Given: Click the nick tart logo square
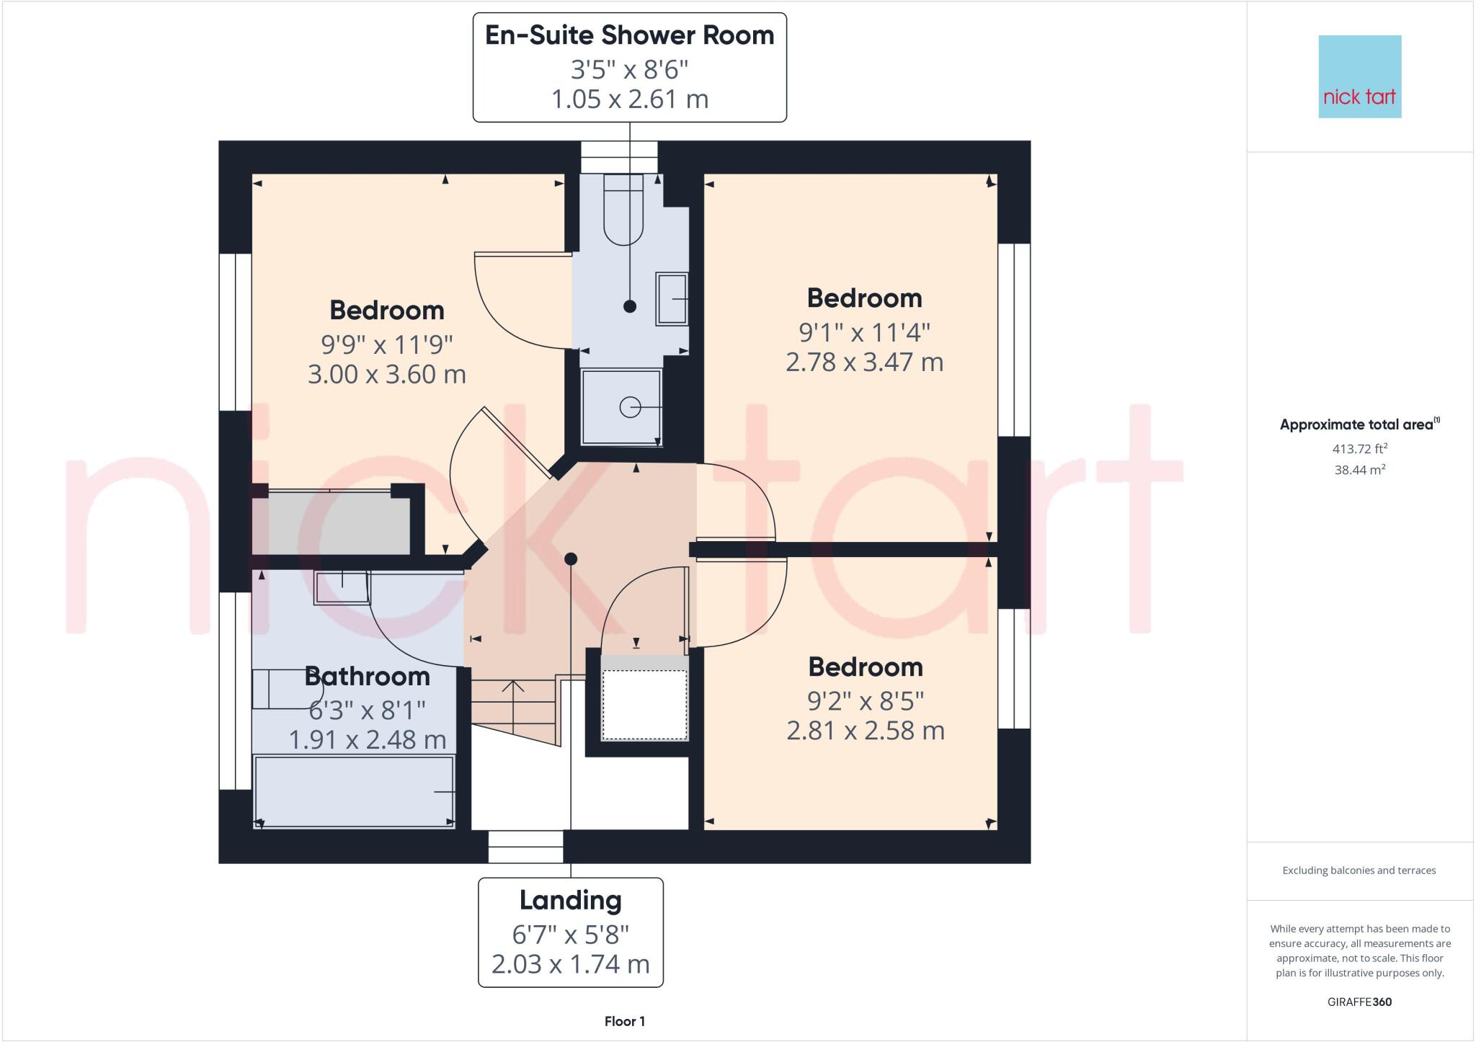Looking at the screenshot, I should click(x=1359, y=76).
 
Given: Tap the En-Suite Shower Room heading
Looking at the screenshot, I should click(x=629, y=35).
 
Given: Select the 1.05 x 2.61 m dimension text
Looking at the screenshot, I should click(x=629, y=99).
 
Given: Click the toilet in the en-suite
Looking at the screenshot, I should click(x=623, y=209).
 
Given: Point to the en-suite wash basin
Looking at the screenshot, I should click(x=671, y=298).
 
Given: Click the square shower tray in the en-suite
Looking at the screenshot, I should click(x=621, y=407).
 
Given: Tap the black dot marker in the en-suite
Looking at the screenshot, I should click(x=630, y=306).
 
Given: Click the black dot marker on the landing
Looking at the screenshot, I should click(x=571, y=558).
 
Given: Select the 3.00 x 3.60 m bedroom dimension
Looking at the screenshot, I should click(x=387, y=375).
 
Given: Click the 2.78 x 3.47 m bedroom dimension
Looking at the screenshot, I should click(x=864, y=362).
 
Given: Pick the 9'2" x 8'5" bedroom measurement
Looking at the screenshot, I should click(x=865, y=700).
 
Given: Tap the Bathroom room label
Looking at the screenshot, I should click(x=367, y=677).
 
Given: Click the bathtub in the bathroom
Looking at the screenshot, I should click(x=354, y=791).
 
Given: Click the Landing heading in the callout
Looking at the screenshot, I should click(x=570, y=900).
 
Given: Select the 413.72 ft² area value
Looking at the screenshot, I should click(x=1359, y=449).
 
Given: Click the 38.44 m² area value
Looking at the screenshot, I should click(x=1359, y=470).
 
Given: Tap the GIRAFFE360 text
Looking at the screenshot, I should click(x=1359, y=1002).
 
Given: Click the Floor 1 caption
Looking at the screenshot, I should click(x=624, y=1021).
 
